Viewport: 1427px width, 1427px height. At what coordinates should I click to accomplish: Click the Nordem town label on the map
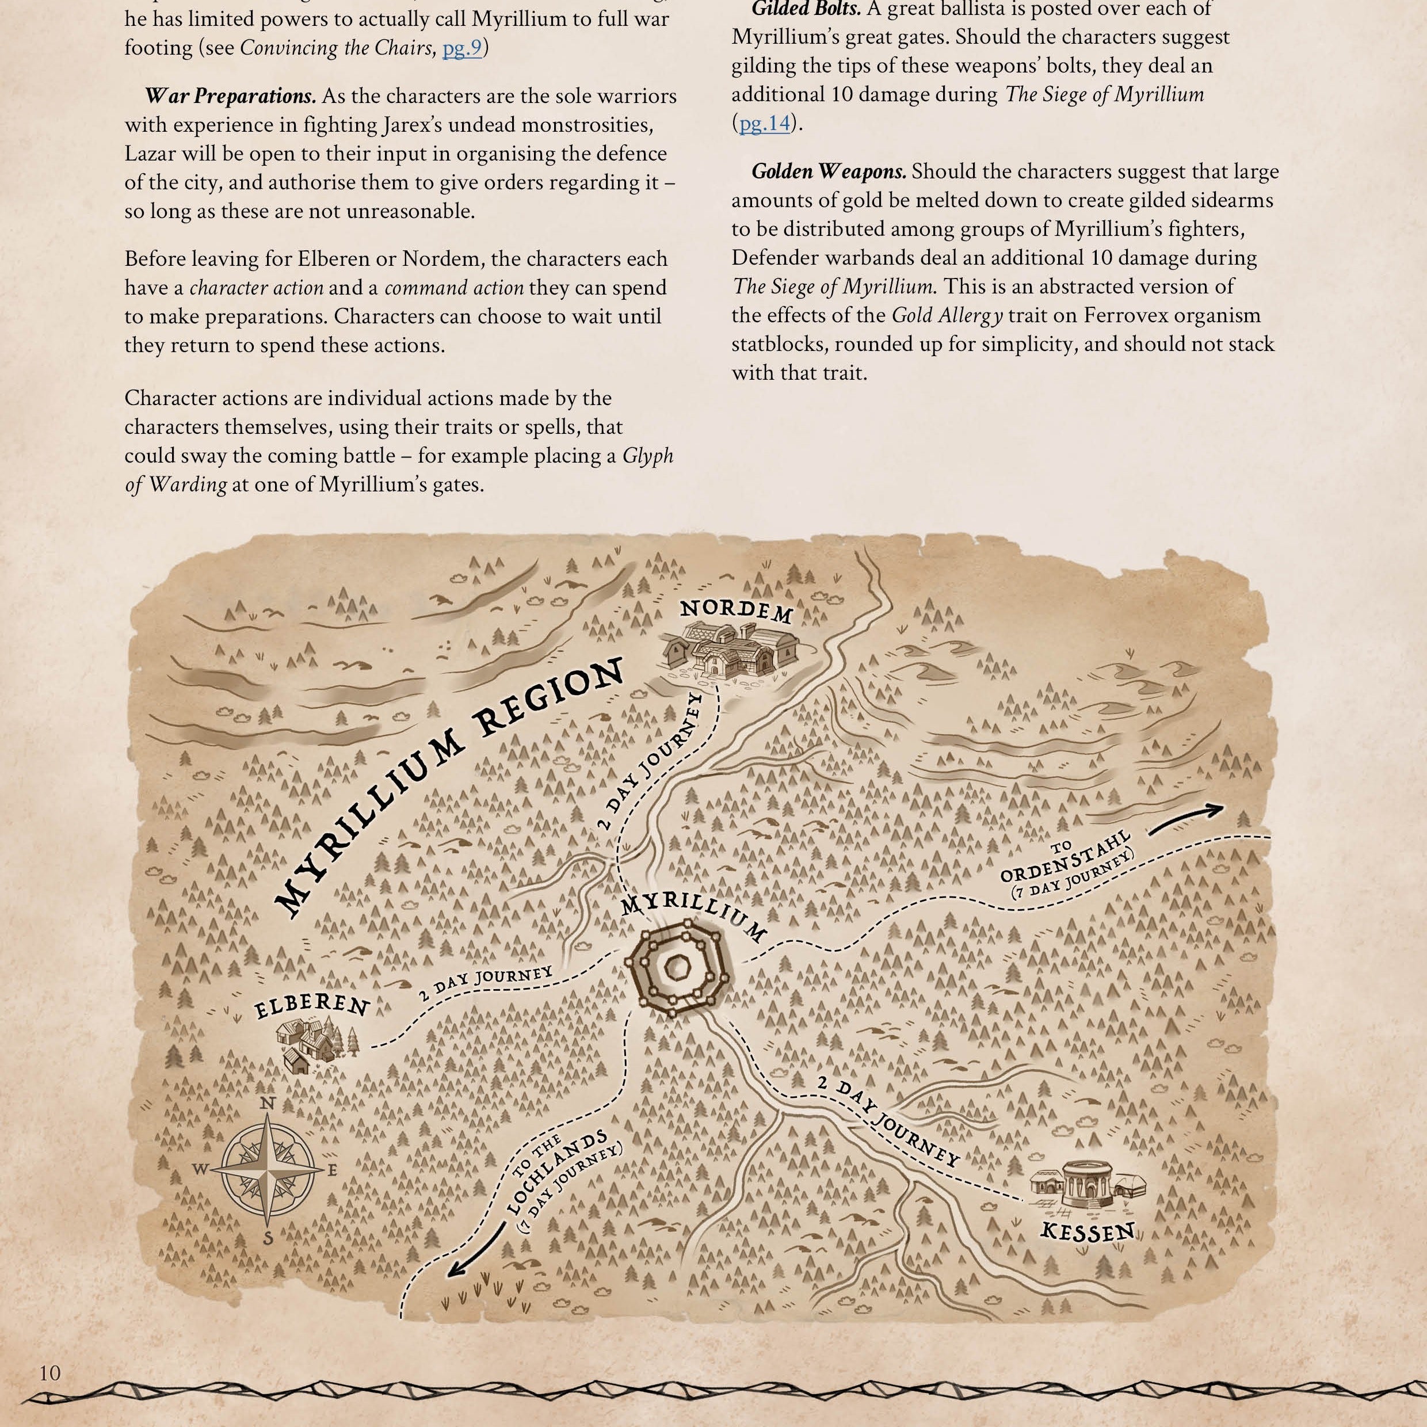737,612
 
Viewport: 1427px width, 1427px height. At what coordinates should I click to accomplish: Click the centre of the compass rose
270,1169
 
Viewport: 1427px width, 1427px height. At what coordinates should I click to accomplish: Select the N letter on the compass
269,1104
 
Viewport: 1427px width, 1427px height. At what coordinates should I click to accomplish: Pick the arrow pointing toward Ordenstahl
1185,817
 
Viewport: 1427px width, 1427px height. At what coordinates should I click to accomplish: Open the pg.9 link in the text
461,48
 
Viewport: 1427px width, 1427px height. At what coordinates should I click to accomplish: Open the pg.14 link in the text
765,123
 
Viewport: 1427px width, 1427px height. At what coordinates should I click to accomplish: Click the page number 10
50,1372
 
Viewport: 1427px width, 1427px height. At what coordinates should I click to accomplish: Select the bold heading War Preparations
230,97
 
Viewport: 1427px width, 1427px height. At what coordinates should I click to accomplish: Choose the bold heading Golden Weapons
829,171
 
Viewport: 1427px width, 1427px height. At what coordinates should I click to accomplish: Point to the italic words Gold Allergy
947,315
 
